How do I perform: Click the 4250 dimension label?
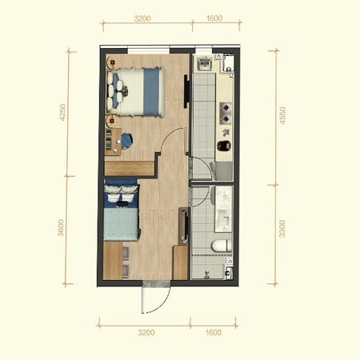click(x=62, y=112)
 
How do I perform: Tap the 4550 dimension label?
click(x=282, y=115)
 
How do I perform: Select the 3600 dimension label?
click(x=61, y=228)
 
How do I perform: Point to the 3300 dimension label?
click(x=282, y=229)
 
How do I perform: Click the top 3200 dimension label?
click(x=142, y=18)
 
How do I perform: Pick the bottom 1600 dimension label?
click(x=214, y=333)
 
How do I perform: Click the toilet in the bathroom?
click(x=222, y=246)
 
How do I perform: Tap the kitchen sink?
click(x=205, y=64)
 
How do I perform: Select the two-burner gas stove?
click(x=226, y=113)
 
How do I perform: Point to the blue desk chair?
click(x=126, y=141)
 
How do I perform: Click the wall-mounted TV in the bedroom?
click(x=186, y=91)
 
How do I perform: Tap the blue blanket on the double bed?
click(x=151, y=92)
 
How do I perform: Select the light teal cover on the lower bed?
click(x=122, y=225)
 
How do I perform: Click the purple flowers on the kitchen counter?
click(x=226, y=132)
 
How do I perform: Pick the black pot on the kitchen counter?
click(x=224, y=146)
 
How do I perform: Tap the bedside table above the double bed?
click(x=113, y=62)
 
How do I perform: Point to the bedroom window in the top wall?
click(x=149, y=50)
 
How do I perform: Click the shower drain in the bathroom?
click(x=206, y=274)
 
